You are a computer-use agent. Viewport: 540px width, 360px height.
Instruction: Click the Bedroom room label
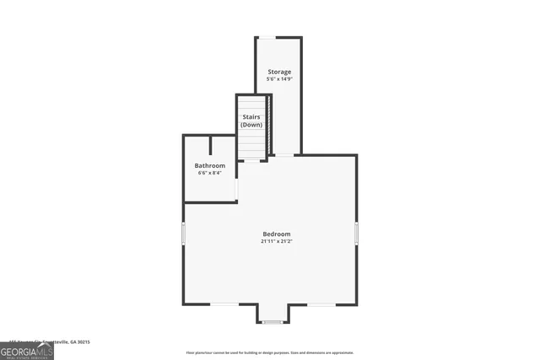tap(276, 234)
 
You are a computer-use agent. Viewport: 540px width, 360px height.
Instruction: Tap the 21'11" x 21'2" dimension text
tap(276, 241)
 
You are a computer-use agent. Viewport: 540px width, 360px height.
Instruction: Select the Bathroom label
tap(210, 165)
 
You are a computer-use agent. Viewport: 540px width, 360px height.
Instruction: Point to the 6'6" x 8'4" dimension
tap(210, 173)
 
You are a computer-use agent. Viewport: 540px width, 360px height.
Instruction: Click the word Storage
tap(279, 72)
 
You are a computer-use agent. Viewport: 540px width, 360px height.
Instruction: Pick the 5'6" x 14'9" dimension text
tap(279, 79)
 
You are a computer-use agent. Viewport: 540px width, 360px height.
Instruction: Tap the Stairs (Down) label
tap(251, 120)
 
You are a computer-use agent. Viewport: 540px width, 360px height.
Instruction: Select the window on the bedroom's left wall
tap(183, 234)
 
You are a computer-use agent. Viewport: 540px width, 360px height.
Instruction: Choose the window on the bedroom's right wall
tap(357, 234)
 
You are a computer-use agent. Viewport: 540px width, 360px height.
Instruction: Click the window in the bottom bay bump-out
tap(273, 322)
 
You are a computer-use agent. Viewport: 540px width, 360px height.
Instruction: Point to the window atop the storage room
tap(266, 37)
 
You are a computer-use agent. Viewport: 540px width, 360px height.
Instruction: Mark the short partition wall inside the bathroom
tap(210, 145)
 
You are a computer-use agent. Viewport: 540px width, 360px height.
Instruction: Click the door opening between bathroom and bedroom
tap(236, 189)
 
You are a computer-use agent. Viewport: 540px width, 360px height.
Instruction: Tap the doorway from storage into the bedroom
tap(284, 155)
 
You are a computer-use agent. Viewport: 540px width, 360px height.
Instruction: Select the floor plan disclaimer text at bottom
tap(270, 352)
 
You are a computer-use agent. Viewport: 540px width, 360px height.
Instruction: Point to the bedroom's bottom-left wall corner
tap(184, 304)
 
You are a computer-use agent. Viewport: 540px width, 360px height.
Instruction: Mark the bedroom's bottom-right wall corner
tap(356, 304)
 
